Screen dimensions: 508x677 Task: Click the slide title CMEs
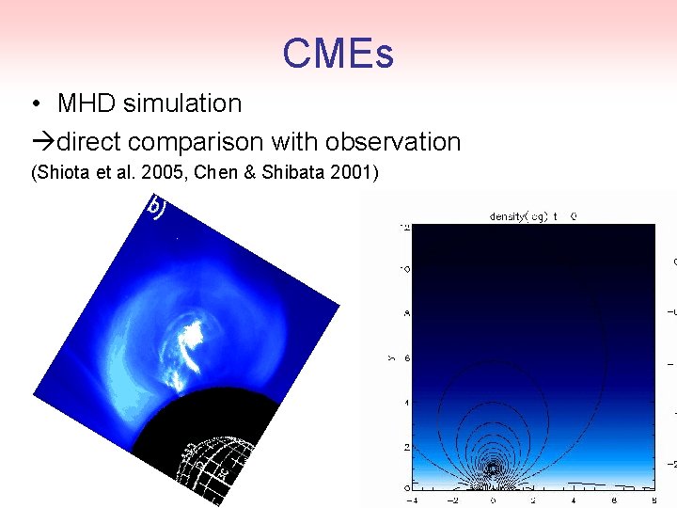pyautogui.click(x=338, y=54)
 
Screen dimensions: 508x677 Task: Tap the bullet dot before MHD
pyautogui.click(x=35, y=103)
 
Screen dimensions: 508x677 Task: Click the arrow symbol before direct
pyautogui.click(x=43, y=142)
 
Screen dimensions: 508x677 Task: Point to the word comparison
pyautogui.click(x=197, y=142)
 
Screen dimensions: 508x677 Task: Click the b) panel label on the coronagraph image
pyautogui.click(x=156, y=206)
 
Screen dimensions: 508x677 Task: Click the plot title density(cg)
pyautogui.click(x=519, y=216)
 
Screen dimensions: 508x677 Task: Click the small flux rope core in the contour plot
pyautogui.click(x=494, y=468)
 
